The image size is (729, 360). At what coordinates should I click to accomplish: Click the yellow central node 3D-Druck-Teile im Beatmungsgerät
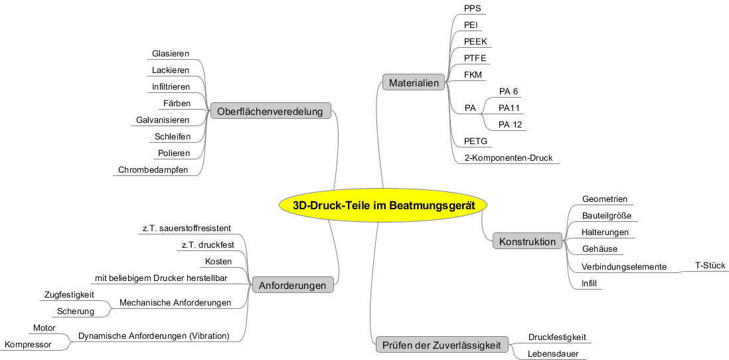coord(384,206)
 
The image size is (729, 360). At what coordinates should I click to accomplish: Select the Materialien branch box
coord(414,83)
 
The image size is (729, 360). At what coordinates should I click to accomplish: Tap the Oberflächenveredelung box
coord(270,112)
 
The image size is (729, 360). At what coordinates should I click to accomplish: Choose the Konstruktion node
coord(527,242)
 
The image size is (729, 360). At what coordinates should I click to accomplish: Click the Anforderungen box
coord(292,286)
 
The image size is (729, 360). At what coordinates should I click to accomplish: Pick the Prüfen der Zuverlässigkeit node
coord(442,345)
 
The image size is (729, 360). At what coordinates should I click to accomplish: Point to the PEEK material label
coord(475,41)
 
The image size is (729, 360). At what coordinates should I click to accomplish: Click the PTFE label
coord(475,58)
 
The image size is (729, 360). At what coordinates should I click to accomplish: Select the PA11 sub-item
coord(509,108)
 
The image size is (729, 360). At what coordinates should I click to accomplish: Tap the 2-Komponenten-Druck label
coord(508,158)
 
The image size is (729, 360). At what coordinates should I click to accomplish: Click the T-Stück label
coord(710,266)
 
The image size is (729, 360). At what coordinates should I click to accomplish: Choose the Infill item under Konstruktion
coord(589,284)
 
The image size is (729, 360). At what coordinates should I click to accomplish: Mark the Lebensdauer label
coord(553,354)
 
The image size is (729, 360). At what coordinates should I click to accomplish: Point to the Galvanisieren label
coord(163,120)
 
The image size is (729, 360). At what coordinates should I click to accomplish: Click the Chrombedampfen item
coord(153,170)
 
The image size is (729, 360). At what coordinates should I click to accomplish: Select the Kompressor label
coord(28,344)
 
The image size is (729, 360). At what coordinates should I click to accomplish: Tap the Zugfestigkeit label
coord(69,294)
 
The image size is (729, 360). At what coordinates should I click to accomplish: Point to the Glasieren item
coord(171,54)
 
